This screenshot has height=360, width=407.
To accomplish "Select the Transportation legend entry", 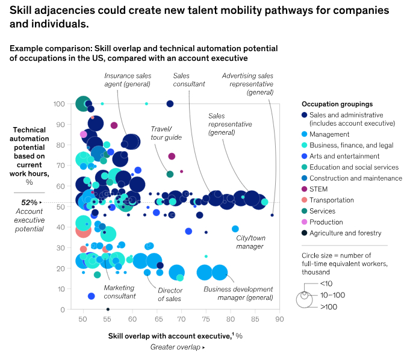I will coord(331,200).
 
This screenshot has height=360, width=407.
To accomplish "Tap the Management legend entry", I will coord(328,134).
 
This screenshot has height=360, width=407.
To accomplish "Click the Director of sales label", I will coord(170,294).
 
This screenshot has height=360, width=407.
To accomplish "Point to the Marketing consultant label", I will coord(120,292).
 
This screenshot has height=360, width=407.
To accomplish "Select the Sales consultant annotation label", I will coord(189,80).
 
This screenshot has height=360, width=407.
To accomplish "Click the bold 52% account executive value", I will coord(30,203).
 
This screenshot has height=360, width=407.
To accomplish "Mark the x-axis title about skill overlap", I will coord(175,335).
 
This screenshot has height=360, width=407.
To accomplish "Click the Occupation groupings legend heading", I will coord(337,104).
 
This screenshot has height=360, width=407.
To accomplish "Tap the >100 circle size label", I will coord(329,307).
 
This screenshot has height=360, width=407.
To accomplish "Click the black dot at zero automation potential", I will coord(108,309).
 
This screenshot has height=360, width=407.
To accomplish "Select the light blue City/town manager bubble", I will coord(235,229).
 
